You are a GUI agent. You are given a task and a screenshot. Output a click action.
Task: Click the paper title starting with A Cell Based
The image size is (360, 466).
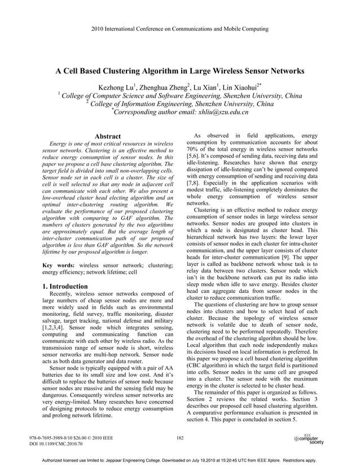tap(179, 72)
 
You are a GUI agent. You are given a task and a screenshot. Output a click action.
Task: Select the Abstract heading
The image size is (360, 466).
tap(107, 137)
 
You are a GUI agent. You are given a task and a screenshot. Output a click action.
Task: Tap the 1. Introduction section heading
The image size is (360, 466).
tap(65, 287)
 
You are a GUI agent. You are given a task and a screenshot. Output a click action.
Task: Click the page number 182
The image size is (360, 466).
tap(180, 437)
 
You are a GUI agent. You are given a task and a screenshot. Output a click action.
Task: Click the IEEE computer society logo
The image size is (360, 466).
tap(309, 439)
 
